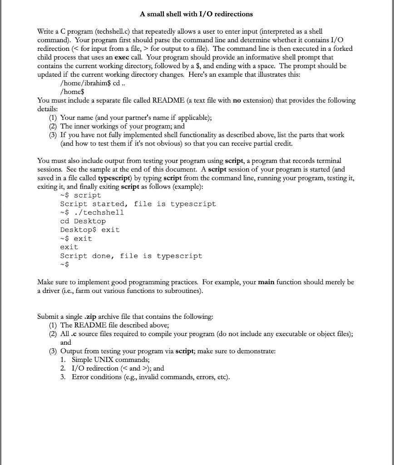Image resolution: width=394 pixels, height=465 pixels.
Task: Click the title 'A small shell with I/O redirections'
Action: pos(196,14)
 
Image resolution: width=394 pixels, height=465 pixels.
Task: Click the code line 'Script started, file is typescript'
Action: pos(138,204)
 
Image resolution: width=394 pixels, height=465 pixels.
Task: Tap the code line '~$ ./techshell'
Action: pos(92,213)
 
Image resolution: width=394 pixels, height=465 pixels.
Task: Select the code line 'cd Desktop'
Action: pos(83,221)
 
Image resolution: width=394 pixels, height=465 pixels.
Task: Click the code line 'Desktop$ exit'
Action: pos(90,230)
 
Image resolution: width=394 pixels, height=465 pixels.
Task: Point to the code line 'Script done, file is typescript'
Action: pos(131,256)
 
